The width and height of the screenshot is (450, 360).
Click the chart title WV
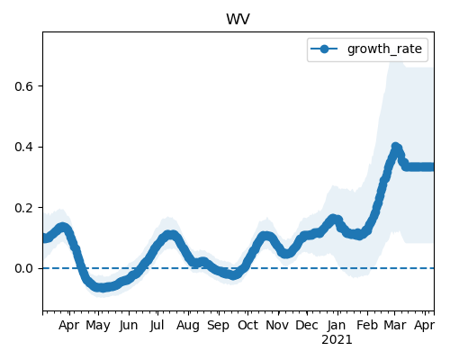(238, 19)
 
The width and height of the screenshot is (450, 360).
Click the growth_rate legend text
(384, 49)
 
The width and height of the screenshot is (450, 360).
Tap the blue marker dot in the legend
(324, 49)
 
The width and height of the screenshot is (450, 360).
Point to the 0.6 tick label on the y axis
(23, 86)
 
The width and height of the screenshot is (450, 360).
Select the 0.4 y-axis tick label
(23, 148)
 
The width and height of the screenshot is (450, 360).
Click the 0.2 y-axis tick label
(23, 208)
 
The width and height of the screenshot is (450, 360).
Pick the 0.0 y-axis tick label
(23, 268)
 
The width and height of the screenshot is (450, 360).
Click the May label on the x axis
(98, 326)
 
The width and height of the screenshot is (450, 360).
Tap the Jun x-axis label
(129, 326)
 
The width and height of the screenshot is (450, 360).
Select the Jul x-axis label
(157, 326)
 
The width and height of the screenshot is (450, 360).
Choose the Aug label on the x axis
(188, 326)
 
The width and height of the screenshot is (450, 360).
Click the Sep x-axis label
(218, 326)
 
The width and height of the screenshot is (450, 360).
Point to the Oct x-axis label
(247, 325)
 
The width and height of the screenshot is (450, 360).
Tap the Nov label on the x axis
(277, 325)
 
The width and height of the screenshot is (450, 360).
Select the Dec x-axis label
(307, 325)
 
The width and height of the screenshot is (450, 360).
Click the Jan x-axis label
(337, 326)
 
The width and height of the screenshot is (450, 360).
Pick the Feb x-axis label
(366, 325)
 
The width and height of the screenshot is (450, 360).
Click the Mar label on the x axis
(395, 325)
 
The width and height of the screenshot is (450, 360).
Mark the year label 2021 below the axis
(337, 340)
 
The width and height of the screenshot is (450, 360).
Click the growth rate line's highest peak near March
(396, 147)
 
